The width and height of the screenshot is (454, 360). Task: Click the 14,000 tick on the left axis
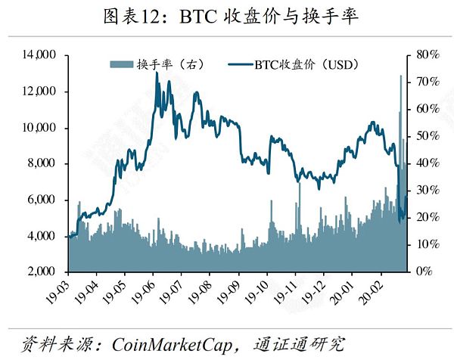(x=40, y=55)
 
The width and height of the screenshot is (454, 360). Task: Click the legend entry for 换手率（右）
(x=170, y=64)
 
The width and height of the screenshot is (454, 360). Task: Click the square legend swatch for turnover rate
(x=123, y=64)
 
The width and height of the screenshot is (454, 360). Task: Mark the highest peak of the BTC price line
(x=157, y=73)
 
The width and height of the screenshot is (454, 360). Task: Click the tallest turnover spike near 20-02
(x=400, y=76)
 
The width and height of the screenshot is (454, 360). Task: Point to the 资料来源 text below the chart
(x=49, y=343)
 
